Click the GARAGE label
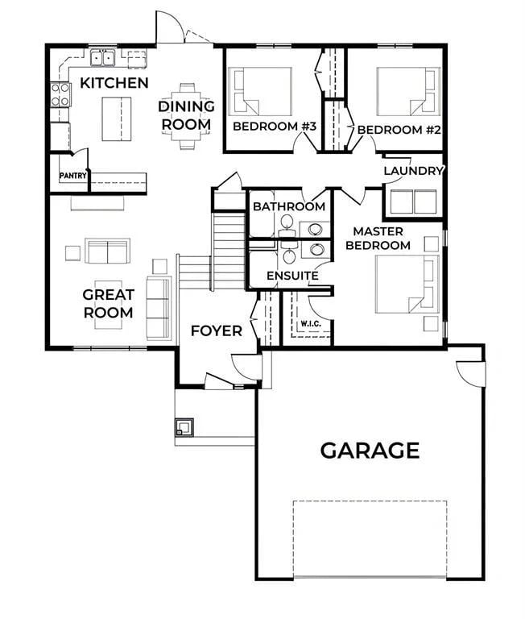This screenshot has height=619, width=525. click(x=370, y=451)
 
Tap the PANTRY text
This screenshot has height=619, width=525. click(x=73, y=176)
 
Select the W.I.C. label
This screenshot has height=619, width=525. click(x=311, y=324)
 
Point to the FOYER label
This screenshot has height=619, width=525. click(x=216, y=330)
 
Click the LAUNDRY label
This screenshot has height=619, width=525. click(x=413, y=171)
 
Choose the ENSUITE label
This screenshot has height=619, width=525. click(x=292, y=276)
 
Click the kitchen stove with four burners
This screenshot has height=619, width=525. click(x=60, y=95)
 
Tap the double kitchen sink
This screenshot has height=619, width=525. click(x=102, y=58)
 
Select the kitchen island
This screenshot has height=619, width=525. click(x=117, y=118)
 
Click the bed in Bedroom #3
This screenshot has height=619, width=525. click(x=260, y=92)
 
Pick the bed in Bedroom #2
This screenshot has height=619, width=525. click(x=408, y=92)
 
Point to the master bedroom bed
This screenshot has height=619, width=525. click(x=407, y=285)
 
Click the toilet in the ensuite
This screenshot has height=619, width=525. click(x=289, y=255)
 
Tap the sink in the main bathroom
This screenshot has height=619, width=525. click(x=315, y=229)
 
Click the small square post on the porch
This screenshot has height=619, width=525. click(x=184, y=427)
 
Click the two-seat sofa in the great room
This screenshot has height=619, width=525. click(x=108, y=251)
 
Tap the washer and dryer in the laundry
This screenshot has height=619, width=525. click(x=413, y=201)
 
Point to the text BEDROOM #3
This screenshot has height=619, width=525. click(x=275, y=127)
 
